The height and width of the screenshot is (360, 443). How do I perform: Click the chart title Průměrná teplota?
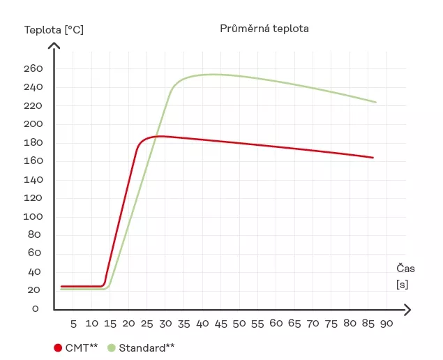coord(264,29)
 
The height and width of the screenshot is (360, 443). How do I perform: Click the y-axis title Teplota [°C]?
coord(54,30)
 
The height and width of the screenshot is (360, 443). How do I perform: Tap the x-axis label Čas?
coord(406,268)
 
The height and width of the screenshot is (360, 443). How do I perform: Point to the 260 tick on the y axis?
coord(33,68)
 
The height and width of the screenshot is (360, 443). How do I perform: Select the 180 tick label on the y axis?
coord(33,142)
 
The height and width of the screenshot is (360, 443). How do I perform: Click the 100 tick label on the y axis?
coord(33,216)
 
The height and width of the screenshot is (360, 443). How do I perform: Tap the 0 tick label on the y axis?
coord(36,308)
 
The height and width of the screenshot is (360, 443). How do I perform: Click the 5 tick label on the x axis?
coord(73,324)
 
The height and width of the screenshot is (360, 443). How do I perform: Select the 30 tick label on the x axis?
coord(165,324)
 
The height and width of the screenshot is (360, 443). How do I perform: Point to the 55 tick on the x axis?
coord(257,324)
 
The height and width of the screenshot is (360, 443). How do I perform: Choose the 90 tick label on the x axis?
coord(386,324)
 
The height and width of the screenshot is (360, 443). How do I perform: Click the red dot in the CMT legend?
coord(58,347)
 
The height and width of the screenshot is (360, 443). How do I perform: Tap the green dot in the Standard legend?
coord(112,347)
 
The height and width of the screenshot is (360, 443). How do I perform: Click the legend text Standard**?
coord(147,347)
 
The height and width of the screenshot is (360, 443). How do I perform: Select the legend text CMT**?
coord(82,347)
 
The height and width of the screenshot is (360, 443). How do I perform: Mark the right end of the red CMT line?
coord(373,158)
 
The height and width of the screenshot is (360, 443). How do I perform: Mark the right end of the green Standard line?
coord(376,103)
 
